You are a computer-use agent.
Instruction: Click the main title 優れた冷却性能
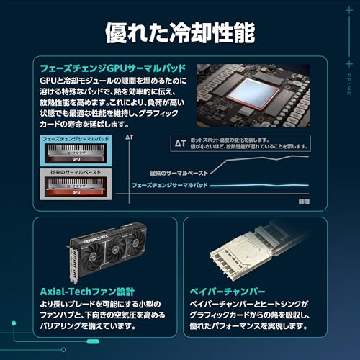tap(179, 32)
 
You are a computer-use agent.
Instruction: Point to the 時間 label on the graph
tap(304, 202)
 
